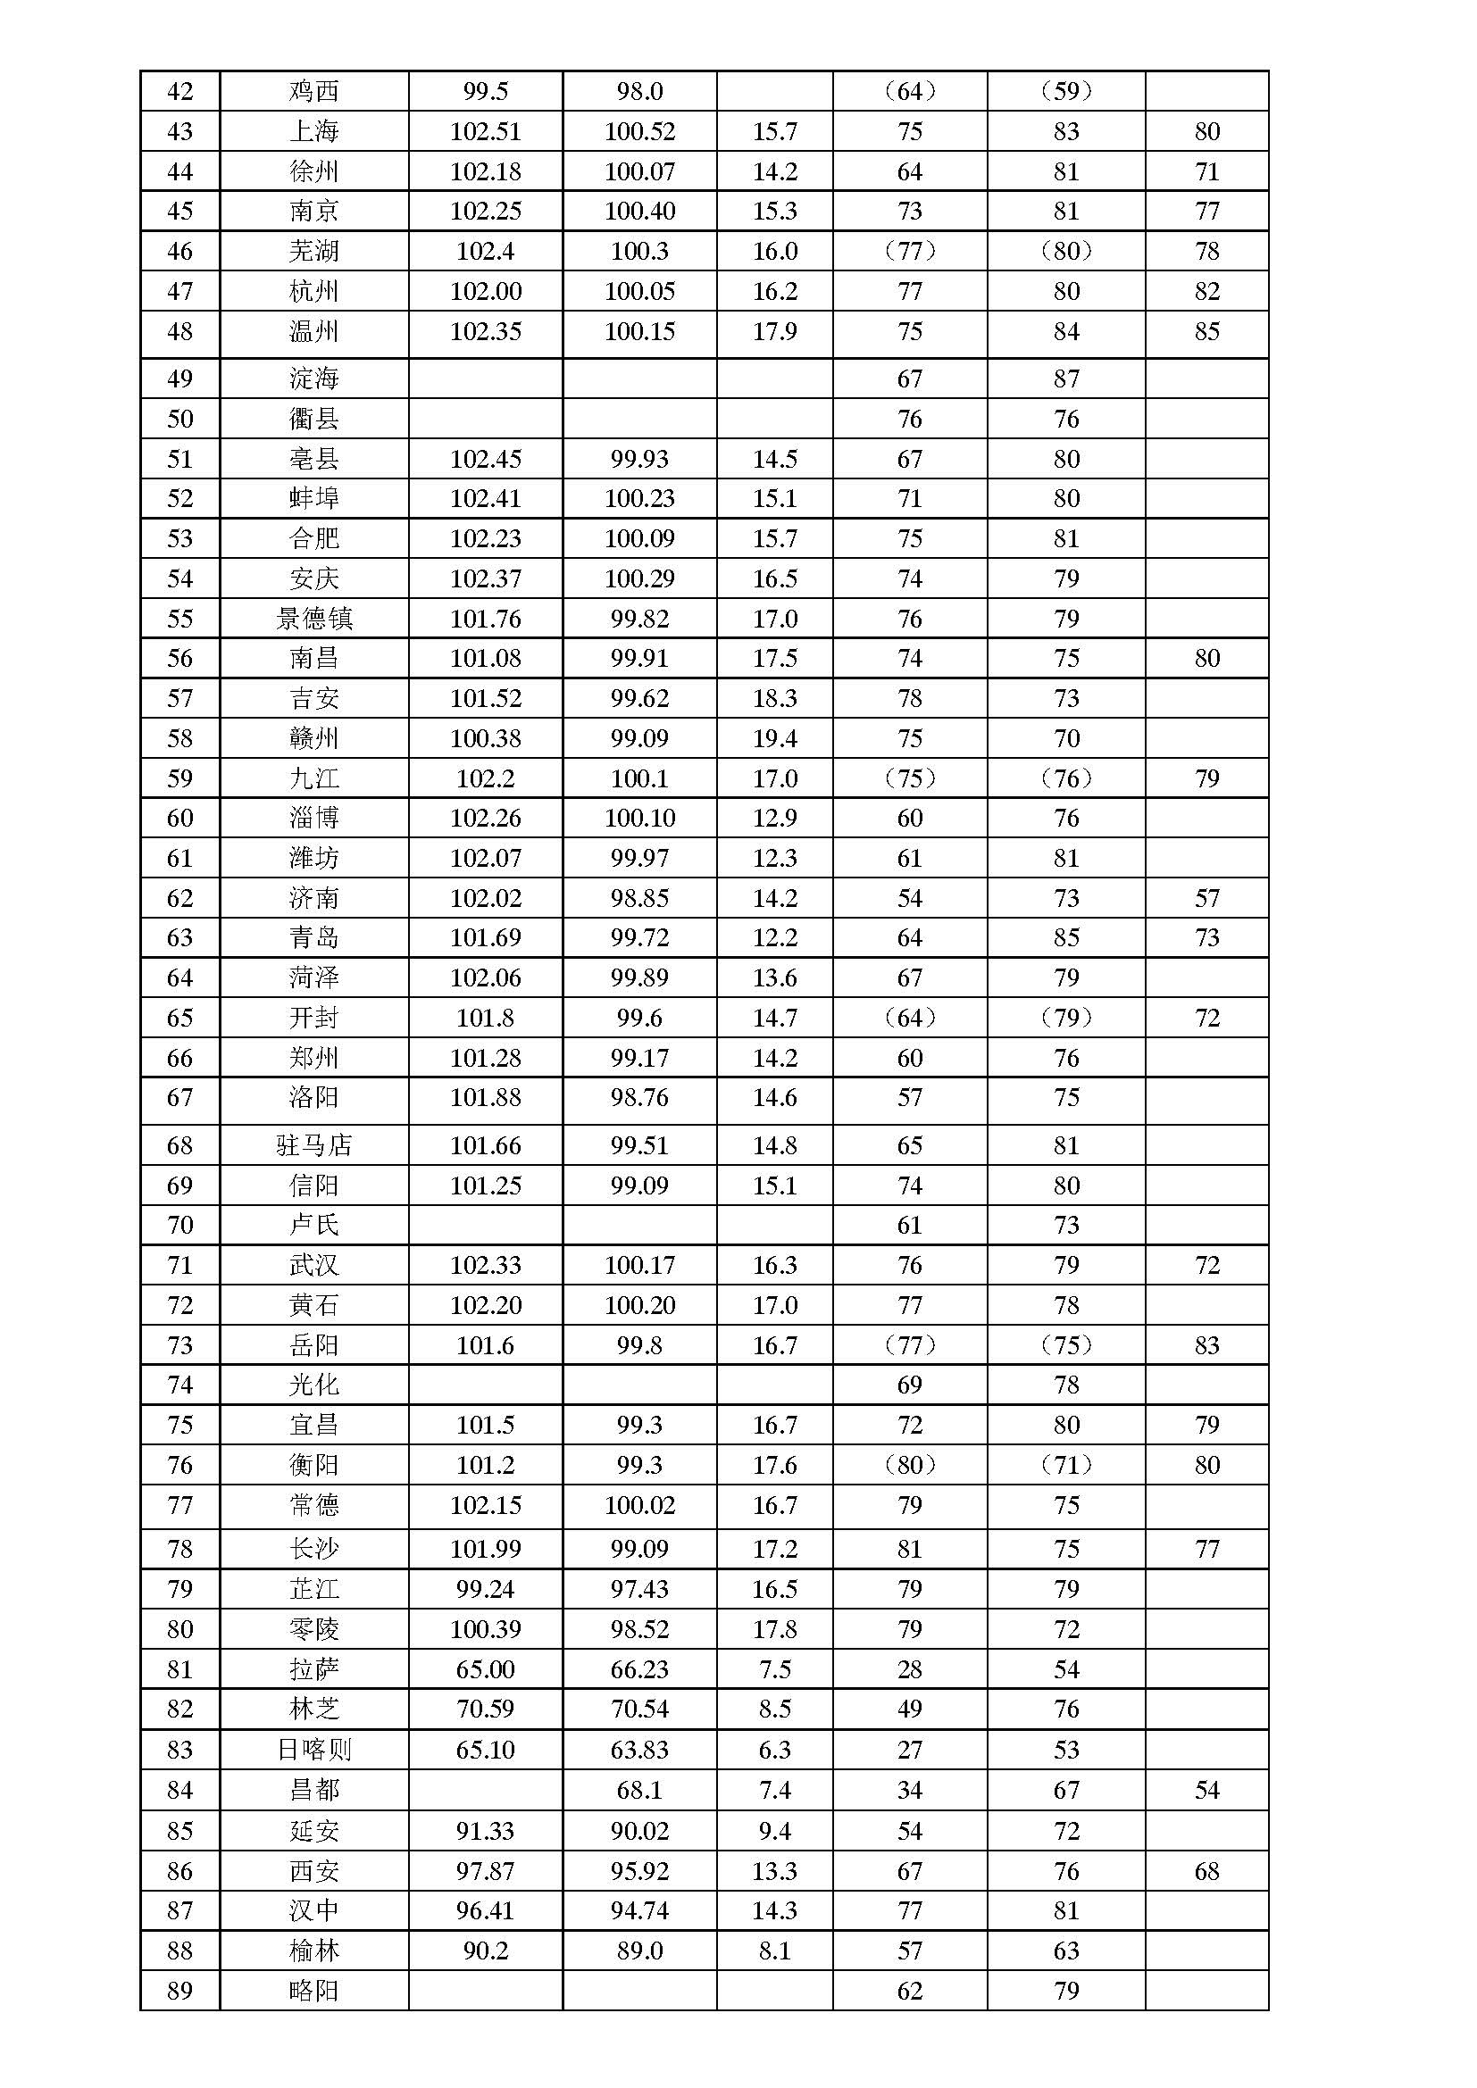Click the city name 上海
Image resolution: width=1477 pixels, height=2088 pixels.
pos(313,132)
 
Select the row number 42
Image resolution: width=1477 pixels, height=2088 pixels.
pos(180,92)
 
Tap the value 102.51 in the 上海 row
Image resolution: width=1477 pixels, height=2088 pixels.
pos(486,132)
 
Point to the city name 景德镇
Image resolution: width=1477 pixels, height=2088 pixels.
pos(313,620)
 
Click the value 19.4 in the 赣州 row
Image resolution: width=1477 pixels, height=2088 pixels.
pos(775,738)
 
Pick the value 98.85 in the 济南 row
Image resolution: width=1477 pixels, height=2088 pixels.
pos(639,899)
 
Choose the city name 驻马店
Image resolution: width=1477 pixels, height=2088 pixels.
pos(313,1146)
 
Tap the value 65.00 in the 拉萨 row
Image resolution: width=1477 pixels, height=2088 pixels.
pos(486,1669)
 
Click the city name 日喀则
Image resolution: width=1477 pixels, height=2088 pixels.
pos(313,1750)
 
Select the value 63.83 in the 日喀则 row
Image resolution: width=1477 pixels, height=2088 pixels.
pos(639,1750)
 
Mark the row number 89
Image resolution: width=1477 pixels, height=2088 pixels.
pos(180,1991)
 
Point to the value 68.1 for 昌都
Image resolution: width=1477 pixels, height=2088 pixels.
pos(639,1790)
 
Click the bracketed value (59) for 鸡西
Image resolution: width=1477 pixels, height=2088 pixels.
pos(1066,92)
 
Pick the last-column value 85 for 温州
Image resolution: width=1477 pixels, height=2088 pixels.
pos(1207,332)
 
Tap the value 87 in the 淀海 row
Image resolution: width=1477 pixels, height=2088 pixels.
pos(1066,379)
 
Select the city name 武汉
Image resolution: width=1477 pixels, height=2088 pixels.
pos(313,1265)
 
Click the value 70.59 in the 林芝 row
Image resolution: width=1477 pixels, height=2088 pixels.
pos(486,1709)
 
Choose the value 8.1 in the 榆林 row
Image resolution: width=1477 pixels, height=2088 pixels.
pos(775,1951)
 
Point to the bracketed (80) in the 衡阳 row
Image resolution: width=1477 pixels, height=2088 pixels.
pos(909,1465)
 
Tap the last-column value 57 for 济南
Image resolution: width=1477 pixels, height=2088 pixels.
pos(1207,899)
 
